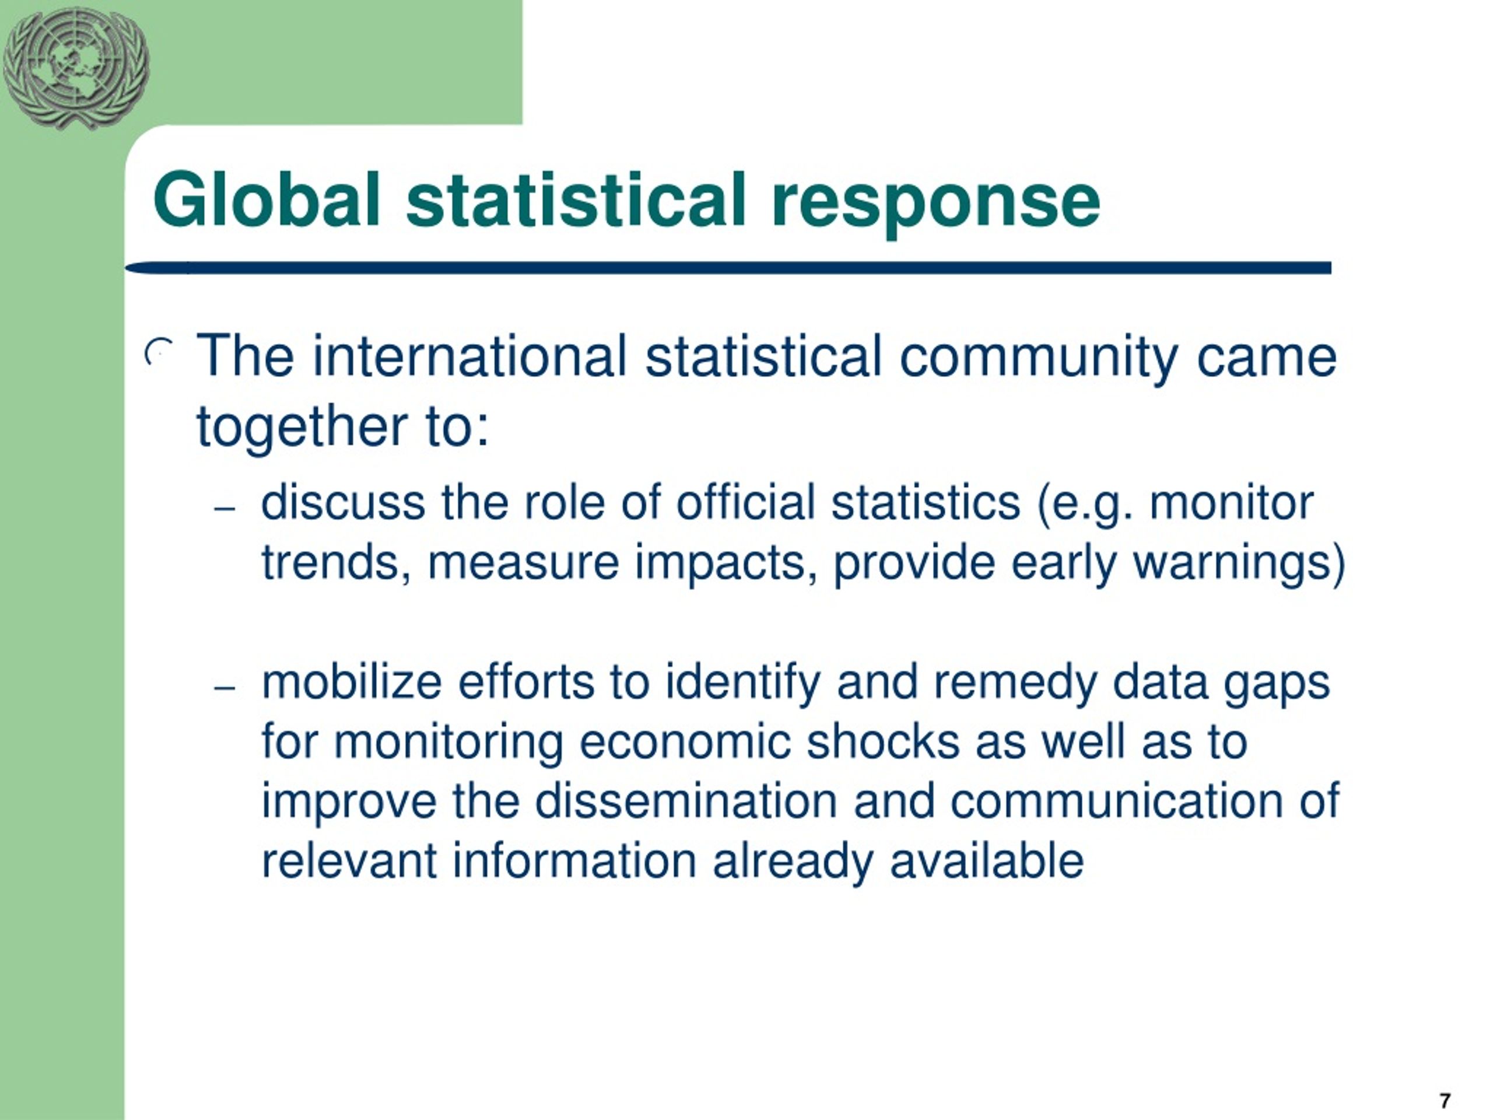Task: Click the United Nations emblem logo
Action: coord(76,68)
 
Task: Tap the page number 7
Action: coord(1445,1100)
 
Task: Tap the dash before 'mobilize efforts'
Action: coord(224,688)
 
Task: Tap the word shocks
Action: coord(883,742)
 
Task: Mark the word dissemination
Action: coord(686,801)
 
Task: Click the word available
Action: coord(986,861)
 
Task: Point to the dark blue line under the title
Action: coord(728,268)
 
